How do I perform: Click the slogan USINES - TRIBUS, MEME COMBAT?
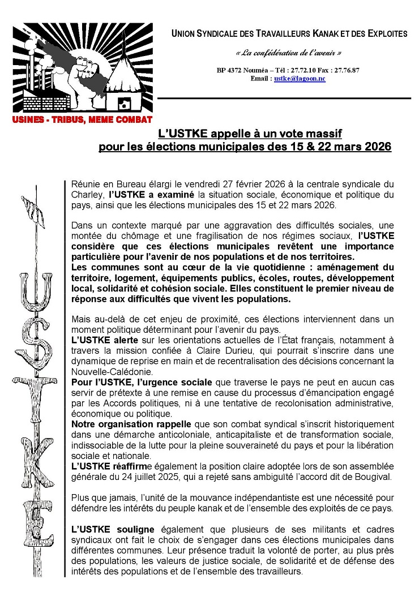pos(83,119)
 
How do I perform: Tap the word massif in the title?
pos(321,134)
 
